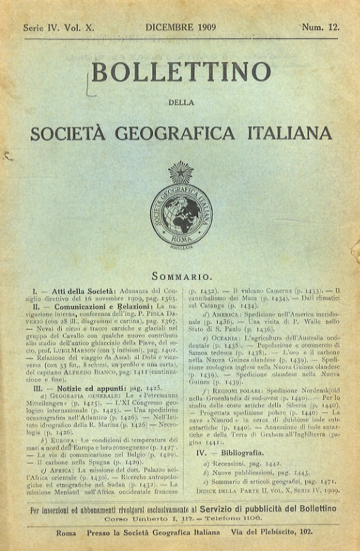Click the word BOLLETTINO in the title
(x=181, y=72)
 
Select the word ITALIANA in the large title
(x=290, y=133)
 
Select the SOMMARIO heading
(x=181, y=277)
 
